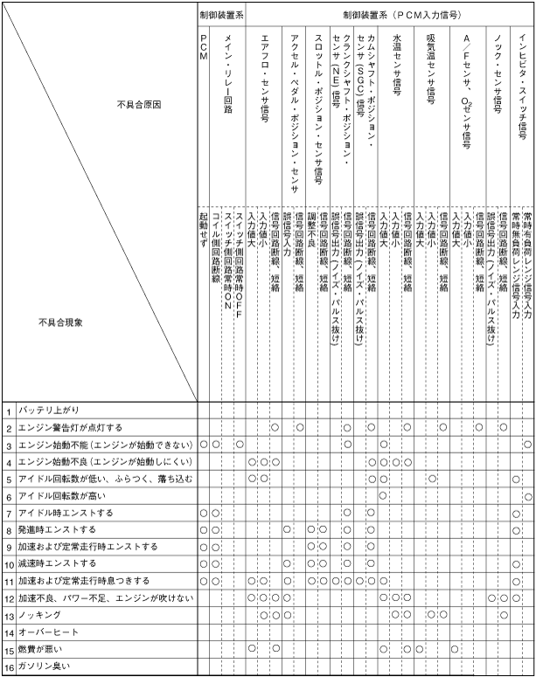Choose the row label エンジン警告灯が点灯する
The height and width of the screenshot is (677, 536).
coord(70,428)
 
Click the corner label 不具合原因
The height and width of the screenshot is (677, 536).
coord(139,104)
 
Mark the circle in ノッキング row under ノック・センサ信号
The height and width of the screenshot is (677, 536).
coord(504,615)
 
